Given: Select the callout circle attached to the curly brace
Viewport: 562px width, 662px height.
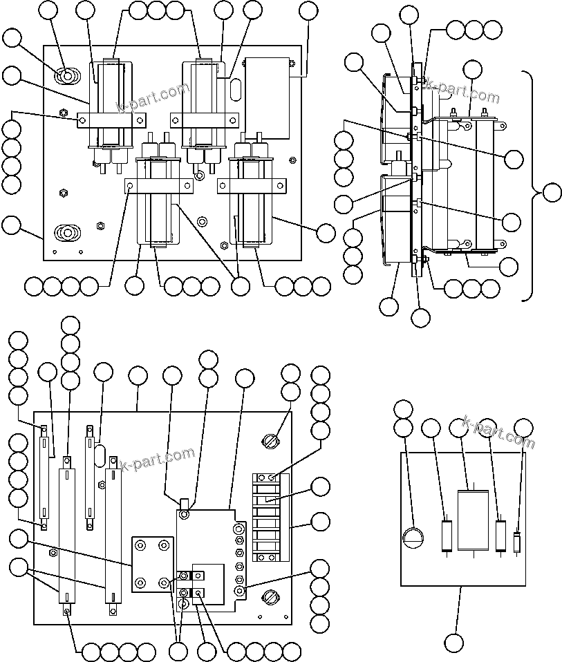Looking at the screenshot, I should [552, 193].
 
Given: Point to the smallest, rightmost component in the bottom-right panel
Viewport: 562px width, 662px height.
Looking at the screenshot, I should [518, 542].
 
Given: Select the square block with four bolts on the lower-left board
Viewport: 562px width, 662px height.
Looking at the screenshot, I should [152, 562].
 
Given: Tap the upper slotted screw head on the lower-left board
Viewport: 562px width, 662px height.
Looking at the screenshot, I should [270, 439].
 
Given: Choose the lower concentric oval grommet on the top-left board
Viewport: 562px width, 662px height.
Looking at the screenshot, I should [66, 233].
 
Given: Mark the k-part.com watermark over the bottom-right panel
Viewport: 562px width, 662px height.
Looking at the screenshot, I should [499, 432].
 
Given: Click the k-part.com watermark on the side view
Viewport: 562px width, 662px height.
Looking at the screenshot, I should [462, 91].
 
